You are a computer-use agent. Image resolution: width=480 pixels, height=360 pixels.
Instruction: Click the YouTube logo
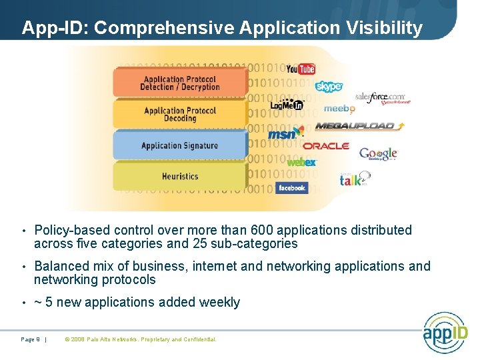click(300, 69)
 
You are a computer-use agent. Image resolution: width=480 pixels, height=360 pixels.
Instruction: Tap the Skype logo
click(329, 87)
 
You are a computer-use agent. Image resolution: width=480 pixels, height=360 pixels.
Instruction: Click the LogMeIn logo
click(287, 105)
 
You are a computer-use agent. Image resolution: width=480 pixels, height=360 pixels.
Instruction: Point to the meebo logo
click(339, 109)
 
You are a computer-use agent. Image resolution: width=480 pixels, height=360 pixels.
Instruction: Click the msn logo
click(281, 135)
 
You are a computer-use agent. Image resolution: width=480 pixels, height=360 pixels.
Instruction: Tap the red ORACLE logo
click(326, 145)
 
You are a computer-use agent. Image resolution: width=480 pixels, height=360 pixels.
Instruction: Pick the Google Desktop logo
click(378, 154)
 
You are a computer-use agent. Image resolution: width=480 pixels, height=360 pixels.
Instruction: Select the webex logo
click(301, 162)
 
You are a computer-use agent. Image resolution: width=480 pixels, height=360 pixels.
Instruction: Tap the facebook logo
click(291, 188)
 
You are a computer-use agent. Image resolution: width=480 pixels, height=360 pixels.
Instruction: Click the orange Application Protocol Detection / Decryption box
click(179, 83)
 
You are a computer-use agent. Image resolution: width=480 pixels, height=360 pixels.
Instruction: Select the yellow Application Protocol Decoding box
click(179, 114)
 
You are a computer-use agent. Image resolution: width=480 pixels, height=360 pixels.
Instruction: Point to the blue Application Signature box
click(179, 145)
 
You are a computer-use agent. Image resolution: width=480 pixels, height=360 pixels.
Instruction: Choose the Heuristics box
click(179, 177)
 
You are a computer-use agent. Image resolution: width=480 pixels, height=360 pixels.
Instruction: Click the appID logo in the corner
click(445, 332)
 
